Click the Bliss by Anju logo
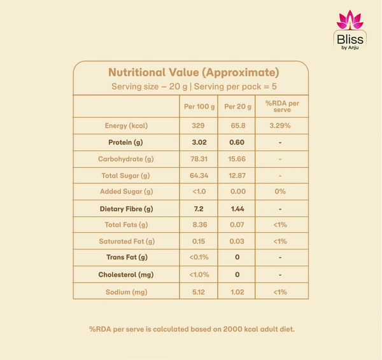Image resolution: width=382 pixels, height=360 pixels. pos(350,31)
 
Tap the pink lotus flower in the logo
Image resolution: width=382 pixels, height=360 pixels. pos(350,20)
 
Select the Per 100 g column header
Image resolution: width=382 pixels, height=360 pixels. pos(199,107)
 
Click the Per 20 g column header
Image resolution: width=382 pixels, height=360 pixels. pos(237,107)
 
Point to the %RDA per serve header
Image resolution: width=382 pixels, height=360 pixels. pos(282,106)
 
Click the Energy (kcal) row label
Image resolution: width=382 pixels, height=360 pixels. pos(126,125)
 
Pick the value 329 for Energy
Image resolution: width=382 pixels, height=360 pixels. pos(198,125)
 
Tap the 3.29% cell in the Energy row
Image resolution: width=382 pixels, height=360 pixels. pos(280,125)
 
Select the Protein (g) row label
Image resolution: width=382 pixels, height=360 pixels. pos(125,142)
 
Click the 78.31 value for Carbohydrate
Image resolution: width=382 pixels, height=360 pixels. pos(199,159)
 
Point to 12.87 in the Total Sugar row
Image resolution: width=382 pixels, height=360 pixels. pos(237,176)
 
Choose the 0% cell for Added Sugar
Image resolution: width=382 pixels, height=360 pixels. pos(280,191)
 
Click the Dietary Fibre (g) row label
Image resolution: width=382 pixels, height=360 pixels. pos(127,209)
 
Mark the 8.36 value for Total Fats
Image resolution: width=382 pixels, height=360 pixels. pos(200,225)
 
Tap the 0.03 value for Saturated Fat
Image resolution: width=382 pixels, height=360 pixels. pos(237,241)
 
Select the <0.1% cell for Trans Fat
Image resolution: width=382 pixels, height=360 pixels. pos(199,257)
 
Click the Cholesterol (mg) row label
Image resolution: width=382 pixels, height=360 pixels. pos(126,275)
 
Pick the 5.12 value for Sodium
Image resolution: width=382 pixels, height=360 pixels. pos(199,292)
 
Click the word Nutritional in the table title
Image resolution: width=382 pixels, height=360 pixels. pos(137,73)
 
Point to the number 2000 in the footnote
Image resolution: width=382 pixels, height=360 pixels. pos(232,329)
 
